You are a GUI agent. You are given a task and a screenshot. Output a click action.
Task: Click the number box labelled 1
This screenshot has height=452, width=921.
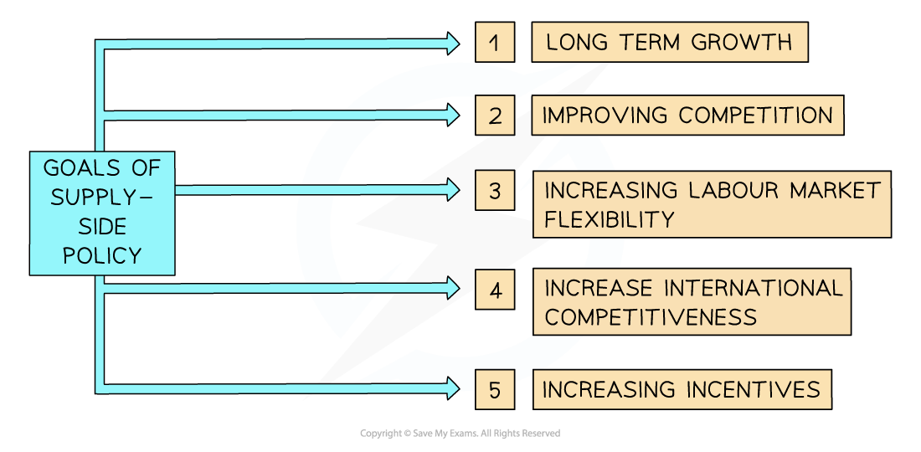(x=495, y=42)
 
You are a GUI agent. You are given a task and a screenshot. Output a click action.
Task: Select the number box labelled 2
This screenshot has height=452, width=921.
(x=495, y=116)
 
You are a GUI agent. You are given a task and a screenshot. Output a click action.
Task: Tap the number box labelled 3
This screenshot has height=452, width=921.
(x=495, y=191)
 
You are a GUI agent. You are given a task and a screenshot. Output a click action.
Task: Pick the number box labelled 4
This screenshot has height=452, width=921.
(x=495, y=290)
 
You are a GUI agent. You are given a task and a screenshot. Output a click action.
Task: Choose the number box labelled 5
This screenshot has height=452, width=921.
(x=495, y=389)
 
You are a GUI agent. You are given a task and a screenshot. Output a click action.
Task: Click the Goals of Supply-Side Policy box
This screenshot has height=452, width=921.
(x=102, y=213)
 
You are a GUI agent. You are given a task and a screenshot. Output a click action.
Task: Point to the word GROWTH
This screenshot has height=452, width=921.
(x=745, y=42)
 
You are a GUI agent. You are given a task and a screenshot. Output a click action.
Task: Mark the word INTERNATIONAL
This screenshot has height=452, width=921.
(x=754, y=289)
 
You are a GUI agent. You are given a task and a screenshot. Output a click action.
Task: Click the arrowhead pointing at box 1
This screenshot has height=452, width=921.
(x=452, y=43)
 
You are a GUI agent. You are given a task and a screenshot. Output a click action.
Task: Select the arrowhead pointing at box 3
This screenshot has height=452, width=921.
(x=452, y=190)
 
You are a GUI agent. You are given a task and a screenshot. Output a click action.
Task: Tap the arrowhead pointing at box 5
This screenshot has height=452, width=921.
(x=452, y=387)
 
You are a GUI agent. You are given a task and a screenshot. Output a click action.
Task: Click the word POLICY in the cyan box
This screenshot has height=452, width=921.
(x=102, y=254)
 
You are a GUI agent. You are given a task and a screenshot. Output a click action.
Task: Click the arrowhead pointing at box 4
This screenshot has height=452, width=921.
(x=452, y=288)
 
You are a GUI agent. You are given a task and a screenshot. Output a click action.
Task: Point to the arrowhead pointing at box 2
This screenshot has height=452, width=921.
(x=452, y=114)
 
